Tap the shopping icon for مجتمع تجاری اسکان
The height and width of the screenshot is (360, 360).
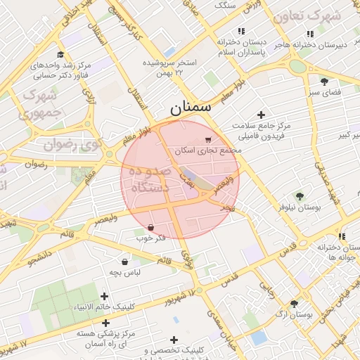click(x=207, y=140)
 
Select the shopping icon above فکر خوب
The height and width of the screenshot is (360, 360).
click(x=152, y=227)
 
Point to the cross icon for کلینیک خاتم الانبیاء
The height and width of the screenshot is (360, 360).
click(x=105, y=297)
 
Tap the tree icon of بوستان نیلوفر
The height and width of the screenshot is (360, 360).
click(x=300, y=196)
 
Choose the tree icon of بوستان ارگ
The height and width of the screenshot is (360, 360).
click(x=294, y=304)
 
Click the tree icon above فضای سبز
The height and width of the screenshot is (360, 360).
click(x=324, y=81)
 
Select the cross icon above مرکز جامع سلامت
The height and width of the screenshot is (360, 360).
click(x=262, y=115)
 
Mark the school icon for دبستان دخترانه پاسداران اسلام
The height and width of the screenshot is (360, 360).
click(x=241, y=31)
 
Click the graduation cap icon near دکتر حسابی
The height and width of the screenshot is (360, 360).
click(x=60, y=55)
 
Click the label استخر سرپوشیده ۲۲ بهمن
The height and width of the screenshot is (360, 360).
click(x=172, y=67)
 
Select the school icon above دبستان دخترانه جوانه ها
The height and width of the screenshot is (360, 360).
click(x=341, y=236)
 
